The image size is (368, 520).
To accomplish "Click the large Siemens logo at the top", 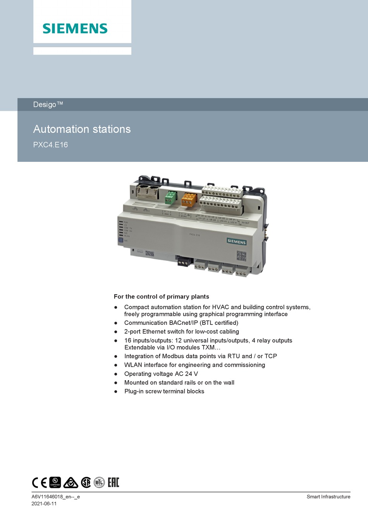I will tap(75, 28).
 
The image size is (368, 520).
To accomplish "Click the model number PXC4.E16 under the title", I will tap(50, 145).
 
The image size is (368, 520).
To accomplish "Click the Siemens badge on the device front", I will tap(236, 242).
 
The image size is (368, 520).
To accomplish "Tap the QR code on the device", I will tap(241, 256).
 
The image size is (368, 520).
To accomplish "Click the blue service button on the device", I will tap(120, 240).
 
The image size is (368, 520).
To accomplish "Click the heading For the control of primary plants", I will tap(161, 297).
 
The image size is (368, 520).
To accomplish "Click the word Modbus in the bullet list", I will tap(173, 356).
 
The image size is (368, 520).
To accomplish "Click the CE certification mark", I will tap(39, 482).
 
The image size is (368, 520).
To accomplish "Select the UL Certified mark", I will tap(55, 482).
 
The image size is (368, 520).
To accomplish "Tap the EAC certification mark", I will tap(113, 482).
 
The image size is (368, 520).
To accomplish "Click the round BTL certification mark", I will tap(99, 482).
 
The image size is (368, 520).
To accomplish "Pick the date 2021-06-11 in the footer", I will tap(44, 504).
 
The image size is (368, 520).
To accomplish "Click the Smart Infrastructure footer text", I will tap(328, 497).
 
